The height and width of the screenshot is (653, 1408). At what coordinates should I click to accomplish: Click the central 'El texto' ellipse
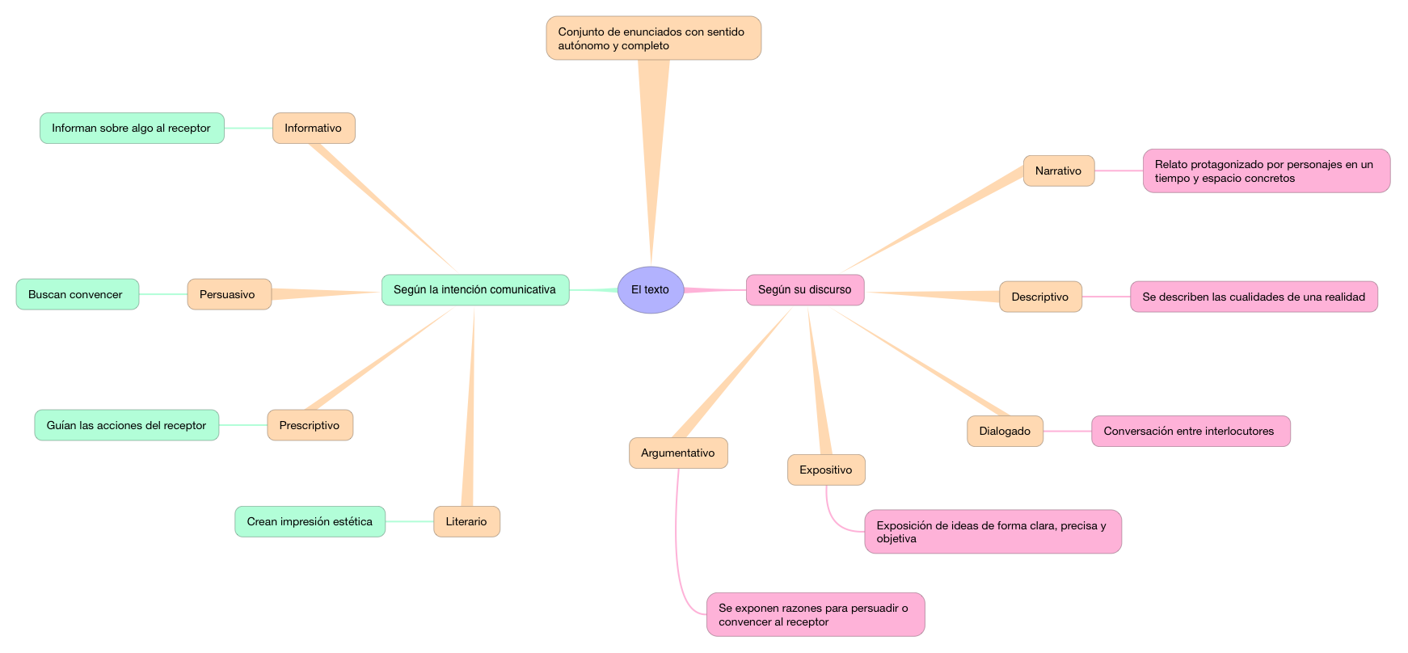click(651, 289)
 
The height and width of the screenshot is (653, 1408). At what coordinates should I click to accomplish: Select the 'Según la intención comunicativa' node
click(475, 289)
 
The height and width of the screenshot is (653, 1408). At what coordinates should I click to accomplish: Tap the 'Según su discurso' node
click(804, 289)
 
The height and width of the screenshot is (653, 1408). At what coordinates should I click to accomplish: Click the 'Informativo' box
click(314, 128)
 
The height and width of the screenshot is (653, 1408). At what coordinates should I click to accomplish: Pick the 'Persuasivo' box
click(229, 294)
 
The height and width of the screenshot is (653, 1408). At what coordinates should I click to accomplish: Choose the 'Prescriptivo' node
click(310, 425)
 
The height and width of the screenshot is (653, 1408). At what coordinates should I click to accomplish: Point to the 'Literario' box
click(466, 521)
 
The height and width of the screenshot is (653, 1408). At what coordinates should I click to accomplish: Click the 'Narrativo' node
click(1058, 171)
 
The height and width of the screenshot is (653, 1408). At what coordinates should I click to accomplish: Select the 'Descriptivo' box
click(1040, 297)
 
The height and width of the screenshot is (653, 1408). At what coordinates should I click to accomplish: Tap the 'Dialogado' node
click(1005, 431)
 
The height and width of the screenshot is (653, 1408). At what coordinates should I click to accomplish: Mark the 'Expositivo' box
click(826, 470)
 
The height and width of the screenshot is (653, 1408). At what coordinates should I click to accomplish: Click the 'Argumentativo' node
click(678, 453)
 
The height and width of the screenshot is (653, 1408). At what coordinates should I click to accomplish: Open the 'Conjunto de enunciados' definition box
click(653, 38)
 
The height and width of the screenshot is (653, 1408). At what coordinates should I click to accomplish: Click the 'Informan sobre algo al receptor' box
click(132, 128)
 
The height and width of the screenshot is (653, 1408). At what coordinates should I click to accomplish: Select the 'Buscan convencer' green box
click(77, 294)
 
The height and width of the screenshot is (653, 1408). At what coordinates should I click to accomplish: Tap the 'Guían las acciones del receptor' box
click(127, 425)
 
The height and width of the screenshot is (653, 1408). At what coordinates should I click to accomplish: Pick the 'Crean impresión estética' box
click(310, 521)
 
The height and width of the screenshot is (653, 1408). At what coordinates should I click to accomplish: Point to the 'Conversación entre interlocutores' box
click(1190, 431)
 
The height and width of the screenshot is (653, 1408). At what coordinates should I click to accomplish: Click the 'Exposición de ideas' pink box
click(993, 532)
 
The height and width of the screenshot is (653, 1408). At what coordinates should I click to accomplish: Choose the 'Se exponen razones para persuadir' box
click(815, 614)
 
